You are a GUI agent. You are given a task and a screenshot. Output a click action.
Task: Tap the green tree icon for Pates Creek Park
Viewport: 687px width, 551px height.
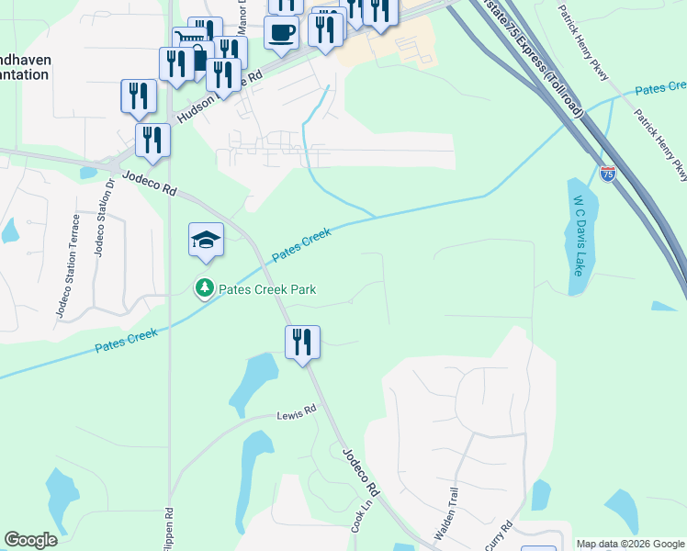click(x=204, y=289)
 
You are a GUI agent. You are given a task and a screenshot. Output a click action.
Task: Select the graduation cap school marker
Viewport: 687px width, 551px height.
click(x=207, y=241)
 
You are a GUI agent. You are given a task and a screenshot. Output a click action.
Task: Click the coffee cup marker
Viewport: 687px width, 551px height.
click(x=282, y=32)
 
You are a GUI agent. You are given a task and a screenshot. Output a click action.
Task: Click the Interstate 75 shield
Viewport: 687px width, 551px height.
click(x=608, y=174)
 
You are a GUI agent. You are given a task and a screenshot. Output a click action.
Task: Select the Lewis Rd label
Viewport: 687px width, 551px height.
click(x=297, y=412)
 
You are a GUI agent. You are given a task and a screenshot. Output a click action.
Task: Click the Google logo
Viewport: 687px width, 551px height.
click(x=31, y=540)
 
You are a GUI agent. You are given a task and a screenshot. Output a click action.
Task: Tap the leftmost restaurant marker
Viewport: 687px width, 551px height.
click(x=139, y=96)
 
